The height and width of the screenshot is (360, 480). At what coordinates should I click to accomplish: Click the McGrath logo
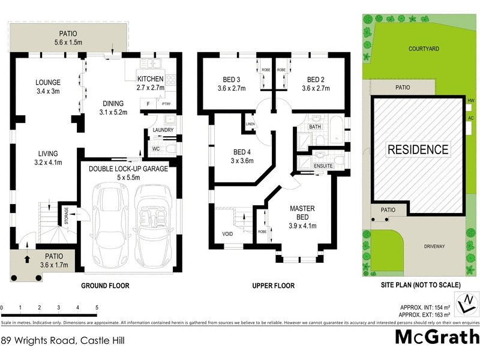pos(436,337)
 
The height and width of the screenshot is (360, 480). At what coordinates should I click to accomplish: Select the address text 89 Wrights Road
pos(53,340)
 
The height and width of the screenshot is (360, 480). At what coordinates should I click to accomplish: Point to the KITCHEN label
pos(150,79)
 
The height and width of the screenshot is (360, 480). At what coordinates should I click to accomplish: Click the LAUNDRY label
pos(163,130)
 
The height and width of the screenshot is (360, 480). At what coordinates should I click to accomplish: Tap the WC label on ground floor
pos(155,148)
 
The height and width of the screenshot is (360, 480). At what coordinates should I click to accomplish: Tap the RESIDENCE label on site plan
pos(418,149)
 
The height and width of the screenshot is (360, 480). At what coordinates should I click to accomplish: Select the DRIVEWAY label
pos(434,245)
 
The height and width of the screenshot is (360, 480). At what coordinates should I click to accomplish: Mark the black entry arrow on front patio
pos(26,260)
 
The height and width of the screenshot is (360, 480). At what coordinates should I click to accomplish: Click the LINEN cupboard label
pos(250,125)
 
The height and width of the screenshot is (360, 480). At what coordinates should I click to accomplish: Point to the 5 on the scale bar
pos(97,307)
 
